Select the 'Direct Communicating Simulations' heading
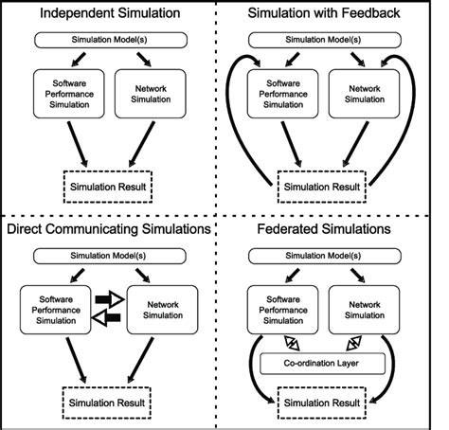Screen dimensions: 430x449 click(111, 230)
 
